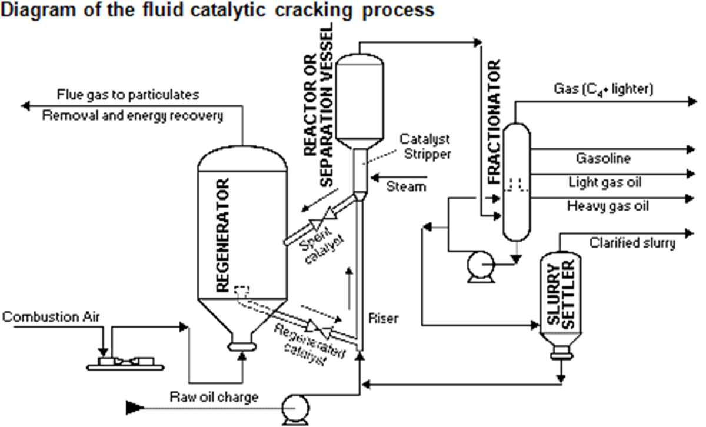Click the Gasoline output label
[x=603, y=158]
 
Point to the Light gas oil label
[x=604, y=182]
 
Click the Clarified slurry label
[x=632, y=242]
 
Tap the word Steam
[x=406, y=186]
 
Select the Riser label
[x=383, y=319]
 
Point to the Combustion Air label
[x=51, y=318]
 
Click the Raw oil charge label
[x=214, y=396]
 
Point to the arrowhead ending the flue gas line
[x=24, y=106]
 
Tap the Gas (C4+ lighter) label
[x=603, y=89]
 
